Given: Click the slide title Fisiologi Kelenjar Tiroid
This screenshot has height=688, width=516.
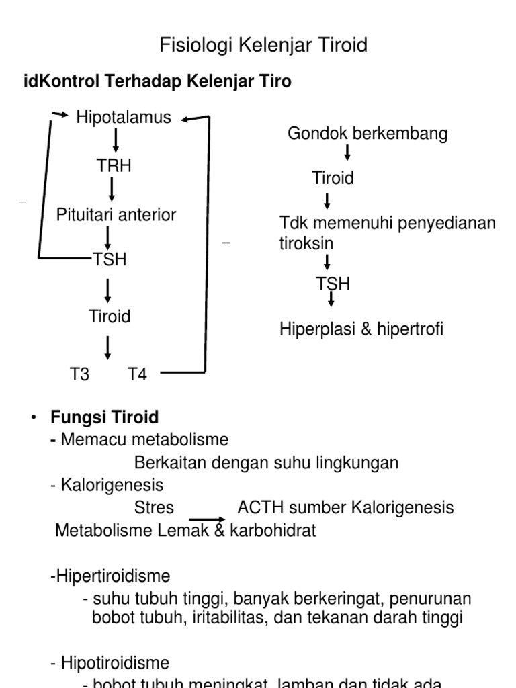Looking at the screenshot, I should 263,46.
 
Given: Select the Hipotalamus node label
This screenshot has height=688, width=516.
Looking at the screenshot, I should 124,118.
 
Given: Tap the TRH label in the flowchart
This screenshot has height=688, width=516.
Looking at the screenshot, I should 114,166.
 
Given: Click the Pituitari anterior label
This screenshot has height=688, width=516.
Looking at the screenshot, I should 116,215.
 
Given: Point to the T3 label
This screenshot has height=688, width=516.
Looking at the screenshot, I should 80,374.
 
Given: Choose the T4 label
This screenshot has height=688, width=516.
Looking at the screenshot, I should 137,374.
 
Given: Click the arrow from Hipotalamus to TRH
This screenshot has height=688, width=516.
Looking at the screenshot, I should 116,140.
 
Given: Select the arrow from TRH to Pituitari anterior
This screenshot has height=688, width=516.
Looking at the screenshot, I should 112,189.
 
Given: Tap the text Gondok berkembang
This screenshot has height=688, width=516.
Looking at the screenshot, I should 368,134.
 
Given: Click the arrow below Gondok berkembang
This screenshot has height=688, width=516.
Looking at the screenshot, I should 347,153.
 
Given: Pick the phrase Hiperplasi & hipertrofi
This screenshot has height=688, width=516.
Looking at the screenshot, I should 361,330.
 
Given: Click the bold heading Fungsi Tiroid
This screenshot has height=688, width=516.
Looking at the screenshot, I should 105,417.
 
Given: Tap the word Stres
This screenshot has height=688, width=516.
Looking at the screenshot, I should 154,507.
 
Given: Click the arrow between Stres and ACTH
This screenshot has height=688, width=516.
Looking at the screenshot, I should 206,519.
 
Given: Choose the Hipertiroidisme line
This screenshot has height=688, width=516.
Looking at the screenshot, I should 110,576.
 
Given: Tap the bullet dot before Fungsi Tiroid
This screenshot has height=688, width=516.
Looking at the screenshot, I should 32,418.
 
